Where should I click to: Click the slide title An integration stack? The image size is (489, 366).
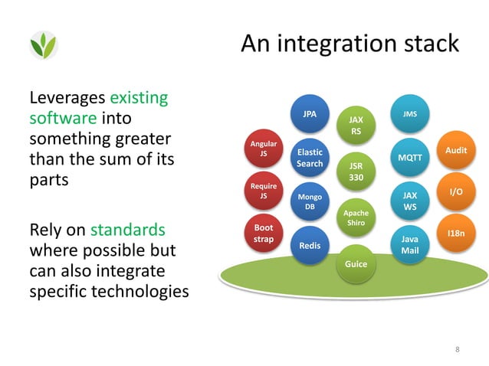(350, 44)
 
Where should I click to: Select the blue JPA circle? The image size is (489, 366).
(310, 116)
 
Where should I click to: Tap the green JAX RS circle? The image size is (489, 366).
(356, 126)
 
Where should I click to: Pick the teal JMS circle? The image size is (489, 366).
(409, 115)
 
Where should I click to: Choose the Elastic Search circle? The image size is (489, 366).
(310, 158)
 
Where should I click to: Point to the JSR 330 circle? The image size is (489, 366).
(356, 171)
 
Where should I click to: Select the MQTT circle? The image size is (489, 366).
(410, 157)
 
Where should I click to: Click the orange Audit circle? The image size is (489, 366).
(455, 152)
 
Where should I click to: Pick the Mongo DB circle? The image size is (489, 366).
(310, 202)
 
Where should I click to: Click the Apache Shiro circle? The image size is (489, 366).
(356, 217)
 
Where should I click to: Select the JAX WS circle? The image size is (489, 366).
(410, 201)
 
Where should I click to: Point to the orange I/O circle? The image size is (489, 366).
(455, 192)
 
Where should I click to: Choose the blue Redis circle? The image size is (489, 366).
(310, 246)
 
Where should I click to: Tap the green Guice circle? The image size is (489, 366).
(356, 264)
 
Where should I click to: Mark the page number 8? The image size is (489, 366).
(458, 350)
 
